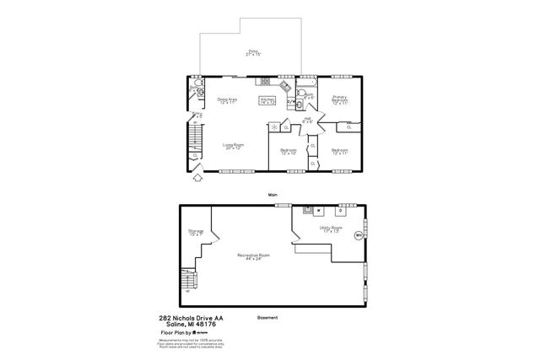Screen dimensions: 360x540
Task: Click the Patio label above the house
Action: click(x=253, y=52)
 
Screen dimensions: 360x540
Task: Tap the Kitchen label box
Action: click(x=267, y=100)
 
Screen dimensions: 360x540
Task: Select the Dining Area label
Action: click(x=226, y=100)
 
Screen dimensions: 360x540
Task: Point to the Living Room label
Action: click(x=233, y=146)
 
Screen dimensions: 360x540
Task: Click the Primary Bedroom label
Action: click(x=340, y=99)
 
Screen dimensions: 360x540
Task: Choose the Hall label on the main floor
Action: click(x=308, y=120)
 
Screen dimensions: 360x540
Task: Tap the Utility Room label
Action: click(x=330, y=228)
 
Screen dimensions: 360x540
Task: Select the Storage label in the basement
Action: click(x=196, y=232)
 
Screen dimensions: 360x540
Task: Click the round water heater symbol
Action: click(x=359, y=235)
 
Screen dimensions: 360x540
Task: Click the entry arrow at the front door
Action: click(x=198, y=176)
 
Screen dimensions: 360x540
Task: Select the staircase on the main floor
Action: click(x=196, y=135)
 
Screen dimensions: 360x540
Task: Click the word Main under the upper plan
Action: click(x=273, y=194)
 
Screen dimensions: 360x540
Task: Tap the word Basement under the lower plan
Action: click(x=267, y=318)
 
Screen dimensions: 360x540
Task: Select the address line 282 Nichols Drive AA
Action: click(x=192, y=318)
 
